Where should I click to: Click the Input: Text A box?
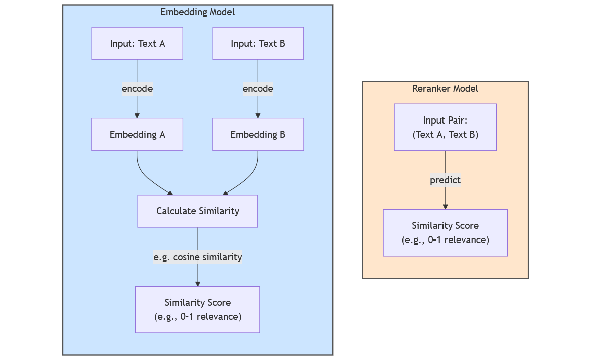pos(137,43)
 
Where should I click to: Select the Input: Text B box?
pos(258,43)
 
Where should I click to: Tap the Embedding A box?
pos(137,135)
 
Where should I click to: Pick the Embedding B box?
pos(258,135)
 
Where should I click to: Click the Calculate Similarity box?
pos(197,211)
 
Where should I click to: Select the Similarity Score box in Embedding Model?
pos(197,309)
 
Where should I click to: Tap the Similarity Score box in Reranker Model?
pos(445,232)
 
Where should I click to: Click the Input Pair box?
pos(445,128)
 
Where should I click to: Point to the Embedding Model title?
pos(197,12)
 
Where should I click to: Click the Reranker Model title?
pos(445,89)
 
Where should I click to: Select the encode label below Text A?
pos(137,89)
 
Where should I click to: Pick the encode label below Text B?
pos(258,89)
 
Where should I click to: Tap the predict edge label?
pos(445,180)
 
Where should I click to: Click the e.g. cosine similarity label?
pos(197,257)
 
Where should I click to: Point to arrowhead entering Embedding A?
pos(137,115)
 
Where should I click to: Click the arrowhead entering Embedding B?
pos(258,115)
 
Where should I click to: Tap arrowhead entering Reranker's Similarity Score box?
pos(445,206)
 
